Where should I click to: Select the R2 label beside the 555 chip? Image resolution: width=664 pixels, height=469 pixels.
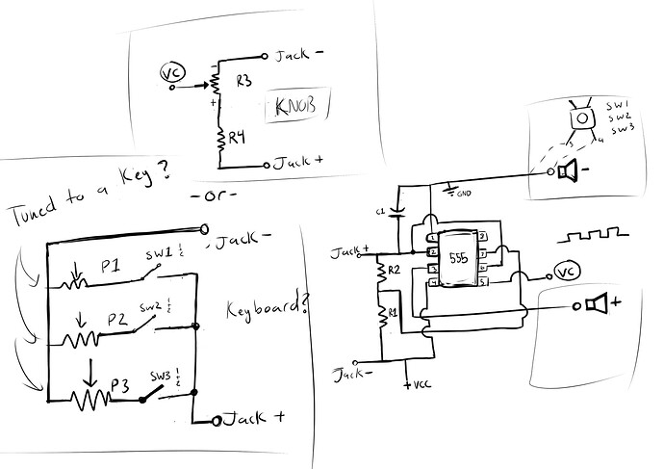tap(393, 272)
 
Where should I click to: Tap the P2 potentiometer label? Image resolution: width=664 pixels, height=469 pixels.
tap(117, 318)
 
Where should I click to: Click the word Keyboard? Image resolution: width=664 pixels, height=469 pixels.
tap(268, 309)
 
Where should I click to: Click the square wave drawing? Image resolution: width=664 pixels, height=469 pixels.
tap(595, 234)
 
